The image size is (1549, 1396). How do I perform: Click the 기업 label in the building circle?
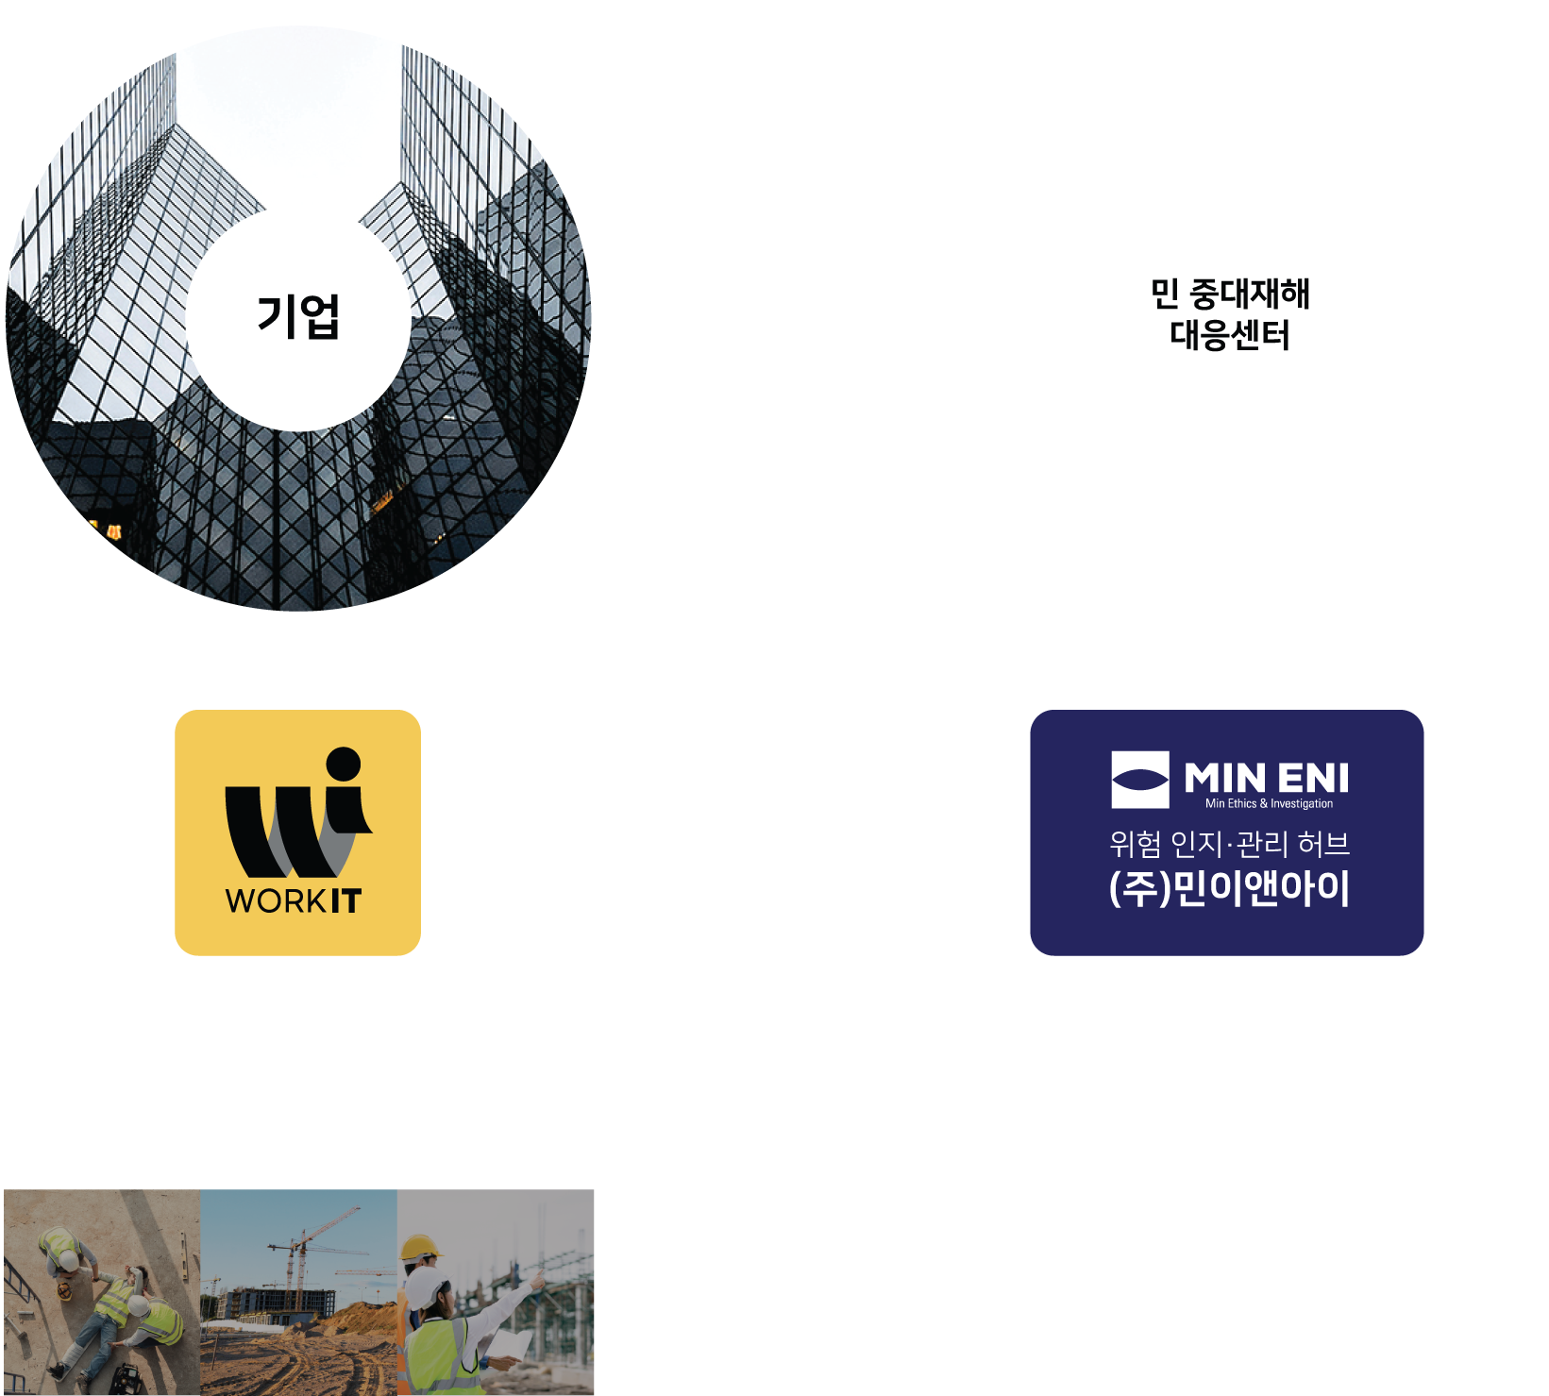[x=298, y=316]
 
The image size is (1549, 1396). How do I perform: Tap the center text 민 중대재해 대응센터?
[x=1230, y=313]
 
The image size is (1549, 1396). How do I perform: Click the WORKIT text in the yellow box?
[x=294, y=900]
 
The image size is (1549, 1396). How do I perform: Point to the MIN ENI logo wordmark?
[x=1266, y=779]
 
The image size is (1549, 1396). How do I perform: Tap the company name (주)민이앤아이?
[x=1229, y=888]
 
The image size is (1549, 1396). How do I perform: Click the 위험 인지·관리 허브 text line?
[x=1229, y=843]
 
